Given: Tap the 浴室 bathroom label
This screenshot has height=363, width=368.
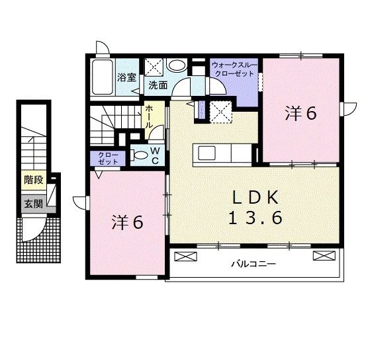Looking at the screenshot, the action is coord(126,77).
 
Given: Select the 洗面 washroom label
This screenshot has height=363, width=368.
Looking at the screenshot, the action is coord(158,85).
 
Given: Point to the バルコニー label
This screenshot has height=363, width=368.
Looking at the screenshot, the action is coord(253,264).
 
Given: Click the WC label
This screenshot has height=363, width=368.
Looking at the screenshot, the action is coord(156,155).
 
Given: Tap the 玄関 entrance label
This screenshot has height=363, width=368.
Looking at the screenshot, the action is coord(34,204).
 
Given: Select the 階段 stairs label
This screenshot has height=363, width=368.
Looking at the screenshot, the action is coord(34,180).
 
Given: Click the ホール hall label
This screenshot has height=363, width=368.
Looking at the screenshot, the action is coord(148,116).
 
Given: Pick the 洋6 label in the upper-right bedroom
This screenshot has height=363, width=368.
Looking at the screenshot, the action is coord(301,113).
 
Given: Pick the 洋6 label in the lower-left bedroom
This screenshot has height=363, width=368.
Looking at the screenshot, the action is coord(128,222).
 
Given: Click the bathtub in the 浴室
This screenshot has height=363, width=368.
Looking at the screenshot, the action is coord(103,77).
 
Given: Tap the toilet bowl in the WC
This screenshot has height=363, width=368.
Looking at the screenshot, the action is coord(139,155).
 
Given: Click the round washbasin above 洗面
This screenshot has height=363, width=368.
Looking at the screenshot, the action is coord(177,65).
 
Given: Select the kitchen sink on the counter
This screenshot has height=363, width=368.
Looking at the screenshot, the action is coord(207,153).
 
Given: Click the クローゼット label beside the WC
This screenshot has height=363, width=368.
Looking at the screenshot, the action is coord(108,158).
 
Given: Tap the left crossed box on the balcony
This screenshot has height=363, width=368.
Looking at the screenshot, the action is coord(185,256).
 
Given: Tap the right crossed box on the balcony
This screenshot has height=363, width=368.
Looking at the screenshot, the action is coord(324,256).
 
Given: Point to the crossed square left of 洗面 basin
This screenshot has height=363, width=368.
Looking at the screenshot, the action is coord(154,67).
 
